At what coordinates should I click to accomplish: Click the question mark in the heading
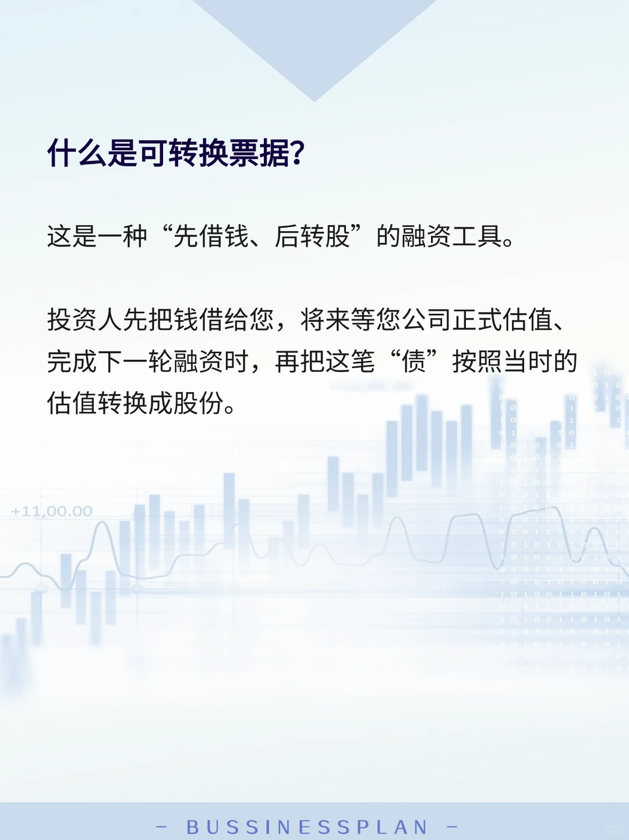click(x=298, y=154)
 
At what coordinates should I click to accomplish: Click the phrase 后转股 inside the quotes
click(x=312, y=236)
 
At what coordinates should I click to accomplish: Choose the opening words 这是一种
click(x=97, y=236)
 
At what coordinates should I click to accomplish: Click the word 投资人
click(x=84, y=320)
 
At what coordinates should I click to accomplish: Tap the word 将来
click(x=325, y=320)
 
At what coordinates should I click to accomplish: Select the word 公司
click(x=426, y=320)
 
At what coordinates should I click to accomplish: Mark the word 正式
click(x=477, y=320)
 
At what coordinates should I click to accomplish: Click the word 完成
click(x=72, y=361)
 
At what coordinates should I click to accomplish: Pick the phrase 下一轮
click(x=135, y=361)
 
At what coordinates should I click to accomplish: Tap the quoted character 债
click(x=414, y=361)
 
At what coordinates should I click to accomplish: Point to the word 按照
click(x=477, y=361)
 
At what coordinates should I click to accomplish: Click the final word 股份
click(x=198, y=403)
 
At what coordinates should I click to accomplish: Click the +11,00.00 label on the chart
click(x=52, y=512)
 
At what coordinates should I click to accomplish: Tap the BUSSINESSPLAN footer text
click(x=307, y=827)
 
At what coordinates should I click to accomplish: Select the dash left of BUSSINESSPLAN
click(x=162, y=826)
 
